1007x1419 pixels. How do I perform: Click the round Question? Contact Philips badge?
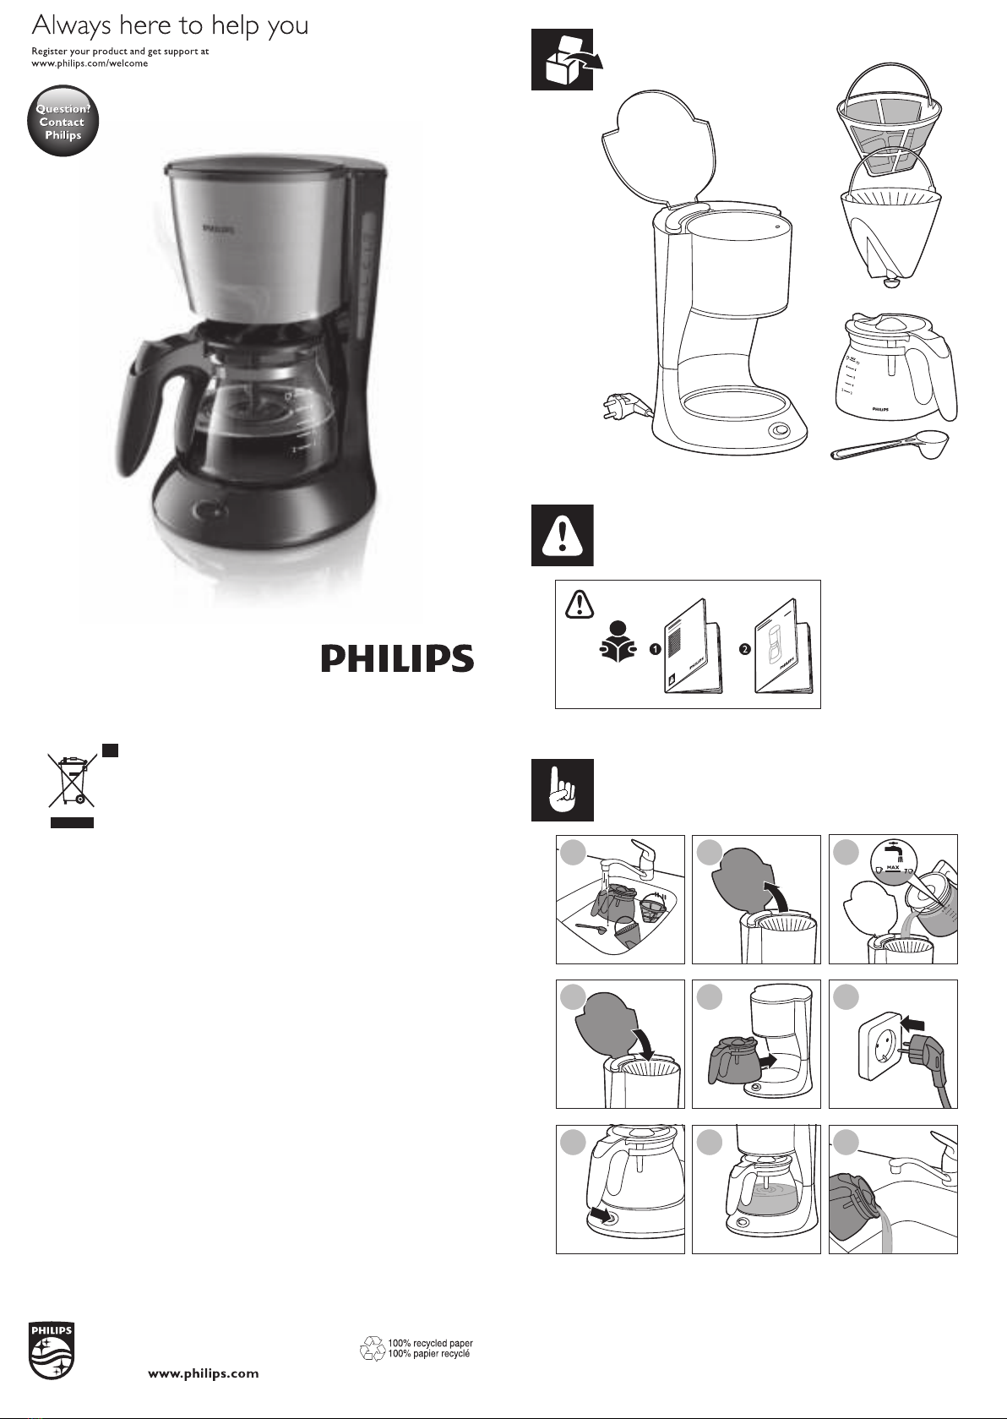pyautogui.click(x=63, y=120)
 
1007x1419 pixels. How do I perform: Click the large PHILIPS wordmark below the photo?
pyautogui.click(x=397, y=659)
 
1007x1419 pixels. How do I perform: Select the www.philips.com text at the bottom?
pyautogui.click(x=204, y=1373)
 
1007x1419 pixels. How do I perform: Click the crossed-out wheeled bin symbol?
pyautogui.click(x=72, y=781)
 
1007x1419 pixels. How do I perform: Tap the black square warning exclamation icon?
pyautogui.click(x=563, y=535)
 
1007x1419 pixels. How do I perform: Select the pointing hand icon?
pyautogui.click(x=563, y=789)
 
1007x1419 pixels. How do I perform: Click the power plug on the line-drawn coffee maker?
pyautogui.click(x=623, y=407)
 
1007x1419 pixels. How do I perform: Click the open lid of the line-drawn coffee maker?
pyautogui.click(x=661, y=148)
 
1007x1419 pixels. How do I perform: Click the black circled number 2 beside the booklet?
pyautogui.click(x=745, y=649)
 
